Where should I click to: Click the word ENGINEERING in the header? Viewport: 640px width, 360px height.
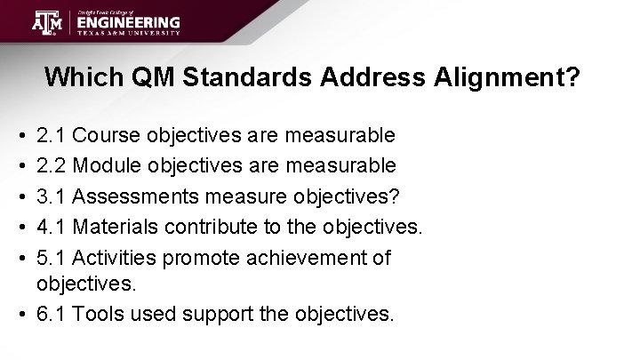click(x=128, y=21)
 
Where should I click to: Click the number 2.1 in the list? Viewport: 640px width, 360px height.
click(x=51, y=136)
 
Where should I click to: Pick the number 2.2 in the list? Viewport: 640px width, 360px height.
click(x=51, y=164)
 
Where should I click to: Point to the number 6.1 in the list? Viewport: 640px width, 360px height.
click(x=51, y=314)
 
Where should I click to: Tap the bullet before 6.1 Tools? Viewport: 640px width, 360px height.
click(x=20, y=314)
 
